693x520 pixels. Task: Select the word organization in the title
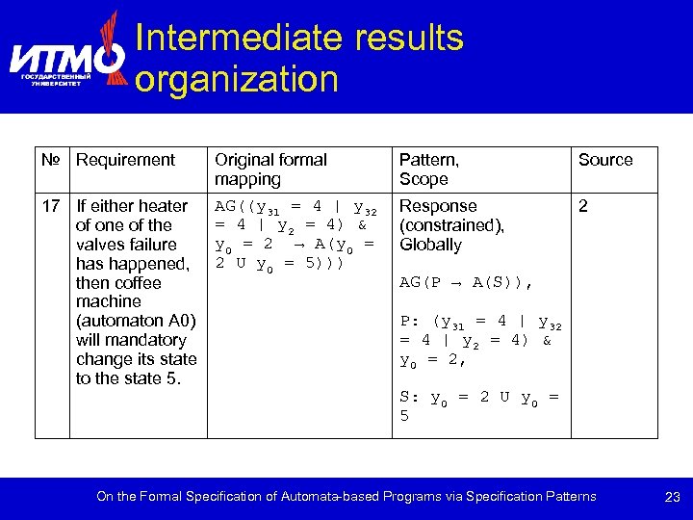pos(237,79)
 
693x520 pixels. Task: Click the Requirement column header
pos(125,160)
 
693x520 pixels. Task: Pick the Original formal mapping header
pos(270,169)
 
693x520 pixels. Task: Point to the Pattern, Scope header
pos(428,169)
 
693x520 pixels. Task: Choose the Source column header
pos(604,160)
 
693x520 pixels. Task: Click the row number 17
pos(51,206)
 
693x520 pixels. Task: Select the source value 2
pos(582,206)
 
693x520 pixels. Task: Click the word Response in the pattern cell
pos(438,206)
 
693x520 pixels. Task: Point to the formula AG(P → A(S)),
pos(466,284)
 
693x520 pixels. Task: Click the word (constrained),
pos(451,225)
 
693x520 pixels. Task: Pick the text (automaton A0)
pos(136,321)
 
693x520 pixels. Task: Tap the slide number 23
pos(673,498)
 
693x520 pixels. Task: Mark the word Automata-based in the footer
pos(326,497)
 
